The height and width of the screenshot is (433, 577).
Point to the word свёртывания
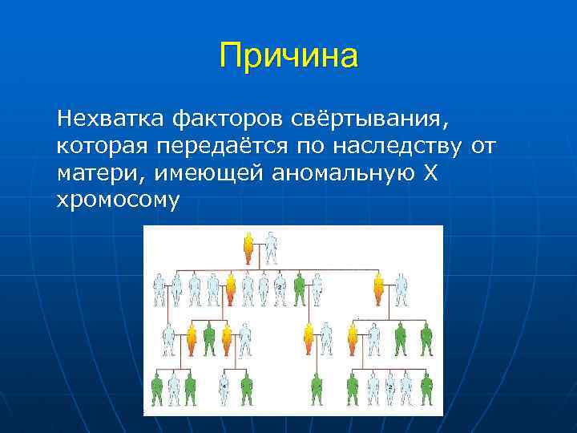point(365,119)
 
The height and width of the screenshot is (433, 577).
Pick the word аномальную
point(341,172)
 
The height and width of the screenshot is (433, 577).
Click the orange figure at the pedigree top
point(248,248)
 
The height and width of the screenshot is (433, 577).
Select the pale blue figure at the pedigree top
point(272,248)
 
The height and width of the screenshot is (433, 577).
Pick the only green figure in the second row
point(300,289)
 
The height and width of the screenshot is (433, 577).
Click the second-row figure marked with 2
point(280,289)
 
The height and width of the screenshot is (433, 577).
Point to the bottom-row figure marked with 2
point(389,390)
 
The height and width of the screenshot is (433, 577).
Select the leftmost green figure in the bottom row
point(157,390)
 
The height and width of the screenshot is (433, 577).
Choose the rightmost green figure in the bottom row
point(426,390)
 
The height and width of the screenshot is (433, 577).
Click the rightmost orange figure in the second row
point(378,289)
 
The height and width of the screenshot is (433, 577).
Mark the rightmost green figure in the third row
point(426,339)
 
